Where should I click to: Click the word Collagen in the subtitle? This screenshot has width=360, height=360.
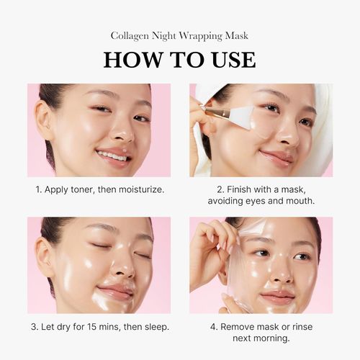coord(131,35)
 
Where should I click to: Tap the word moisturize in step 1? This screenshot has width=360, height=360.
coord(137,190)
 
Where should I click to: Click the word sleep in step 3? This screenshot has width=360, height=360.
coord(154,327)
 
